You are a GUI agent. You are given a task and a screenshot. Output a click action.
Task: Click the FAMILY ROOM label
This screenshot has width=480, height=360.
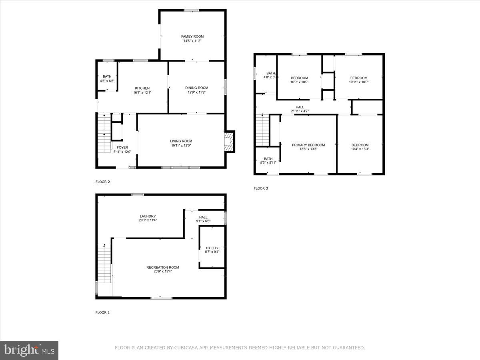coord(192,36)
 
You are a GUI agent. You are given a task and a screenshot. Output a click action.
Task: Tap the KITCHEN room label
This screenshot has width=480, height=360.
coord(142,88)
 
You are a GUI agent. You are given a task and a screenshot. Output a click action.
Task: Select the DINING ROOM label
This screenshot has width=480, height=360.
coord(196,88)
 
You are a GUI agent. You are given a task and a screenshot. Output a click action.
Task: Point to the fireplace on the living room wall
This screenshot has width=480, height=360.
coord(229,142)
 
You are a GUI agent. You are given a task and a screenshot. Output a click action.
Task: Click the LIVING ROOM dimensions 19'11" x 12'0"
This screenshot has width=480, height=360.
coord(181,145)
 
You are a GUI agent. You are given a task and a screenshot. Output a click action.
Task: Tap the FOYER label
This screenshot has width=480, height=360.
coord(122,148)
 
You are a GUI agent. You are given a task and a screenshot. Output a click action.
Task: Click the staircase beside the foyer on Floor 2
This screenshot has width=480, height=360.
coord(104,133)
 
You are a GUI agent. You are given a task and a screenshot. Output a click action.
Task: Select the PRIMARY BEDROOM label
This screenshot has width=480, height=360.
coord(308,145)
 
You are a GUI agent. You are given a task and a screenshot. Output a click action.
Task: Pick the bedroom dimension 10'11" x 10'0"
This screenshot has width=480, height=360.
coord(359,82)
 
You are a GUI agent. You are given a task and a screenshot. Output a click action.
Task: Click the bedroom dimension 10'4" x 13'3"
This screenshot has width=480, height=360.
coord(360,149)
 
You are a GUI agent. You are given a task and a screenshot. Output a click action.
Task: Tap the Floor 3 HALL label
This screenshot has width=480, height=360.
coord(300,107)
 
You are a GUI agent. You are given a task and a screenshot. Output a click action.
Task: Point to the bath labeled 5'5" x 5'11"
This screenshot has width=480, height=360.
coord(268,161)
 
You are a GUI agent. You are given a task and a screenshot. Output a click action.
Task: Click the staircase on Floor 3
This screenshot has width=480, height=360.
coord(262,130)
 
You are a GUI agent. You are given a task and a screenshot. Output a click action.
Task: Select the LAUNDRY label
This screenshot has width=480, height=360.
coord(148,216)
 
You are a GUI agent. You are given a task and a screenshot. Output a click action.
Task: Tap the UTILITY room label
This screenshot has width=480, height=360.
coord(212,248)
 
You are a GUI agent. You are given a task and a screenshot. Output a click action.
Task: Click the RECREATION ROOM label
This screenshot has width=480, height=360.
coord(163,267)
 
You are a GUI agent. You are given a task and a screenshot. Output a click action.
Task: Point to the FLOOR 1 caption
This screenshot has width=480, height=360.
coord(102,312)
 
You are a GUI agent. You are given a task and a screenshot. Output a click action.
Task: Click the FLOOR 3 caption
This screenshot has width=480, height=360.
coord(261,188)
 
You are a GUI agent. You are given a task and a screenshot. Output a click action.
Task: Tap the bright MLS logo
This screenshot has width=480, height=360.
coord(29,350)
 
